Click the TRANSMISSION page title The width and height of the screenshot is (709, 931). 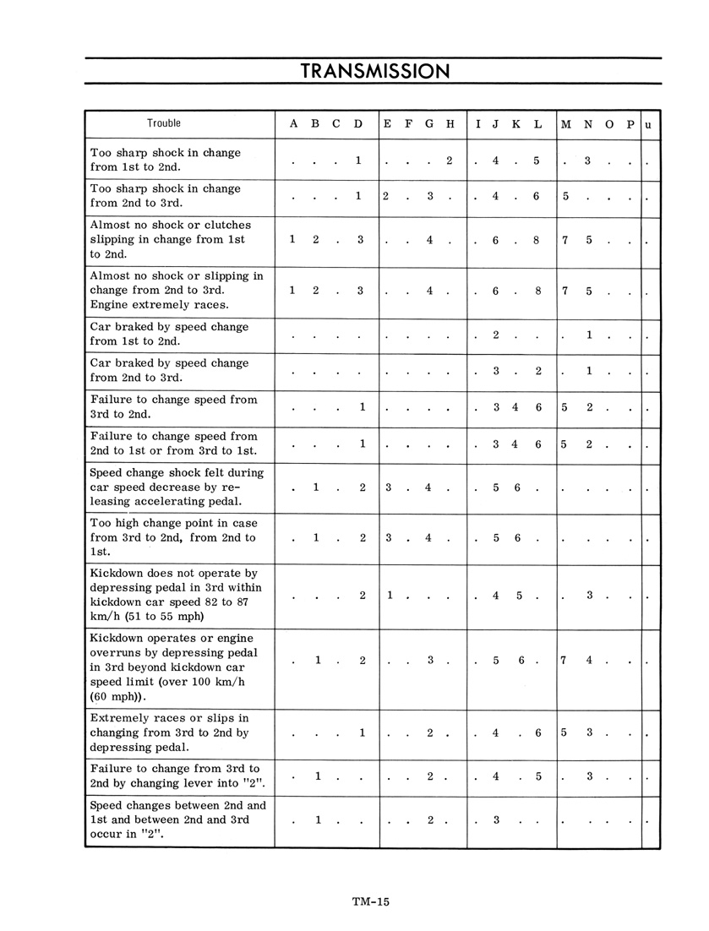tap(375, 71)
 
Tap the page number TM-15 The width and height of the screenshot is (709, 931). tap(370, 901)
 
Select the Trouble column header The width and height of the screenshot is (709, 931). tap(164, 123)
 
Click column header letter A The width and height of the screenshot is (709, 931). tap(293, 123)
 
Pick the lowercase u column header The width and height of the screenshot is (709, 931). tap(648, 124)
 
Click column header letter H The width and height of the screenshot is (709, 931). tap(450, 123)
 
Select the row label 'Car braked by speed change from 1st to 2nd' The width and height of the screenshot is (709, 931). tap(169, 334)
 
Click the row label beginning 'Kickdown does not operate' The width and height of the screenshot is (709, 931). tap(176, 594)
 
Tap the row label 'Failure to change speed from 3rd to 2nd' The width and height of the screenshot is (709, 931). tap(173, 407)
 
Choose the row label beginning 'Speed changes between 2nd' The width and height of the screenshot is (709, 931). tap(177, 819)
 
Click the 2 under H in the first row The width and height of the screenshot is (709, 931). tap(450, 161)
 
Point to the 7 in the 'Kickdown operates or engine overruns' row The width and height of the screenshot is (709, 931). tap(564, 661)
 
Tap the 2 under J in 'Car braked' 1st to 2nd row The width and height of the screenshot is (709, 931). tap(496, 335)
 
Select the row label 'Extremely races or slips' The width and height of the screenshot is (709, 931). tap(169, 732)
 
